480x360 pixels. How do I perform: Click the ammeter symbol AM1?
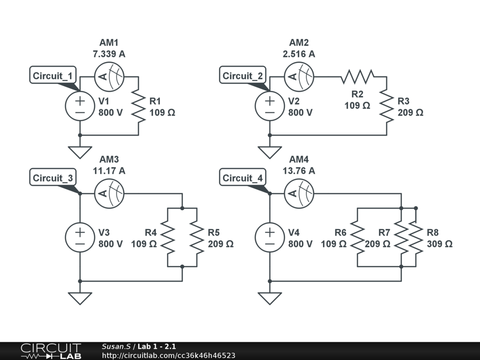109,76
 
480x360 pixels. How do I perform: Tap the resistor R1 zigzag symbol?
139,106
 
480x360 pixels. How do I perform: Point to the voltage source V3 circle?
80,238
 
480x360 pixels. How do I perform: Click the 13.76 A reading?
299,171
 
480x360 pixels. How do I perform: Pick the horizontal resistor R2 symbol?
357,76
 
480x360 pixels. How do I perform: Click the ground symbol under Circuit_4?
270,298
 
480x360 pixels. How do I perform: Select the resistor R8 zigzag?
416,238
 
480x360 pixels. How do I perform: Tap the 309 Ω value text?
440,244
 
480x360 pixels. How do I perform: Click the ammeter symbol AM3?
109,194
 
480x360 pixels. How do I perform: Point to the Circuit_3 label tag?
53,178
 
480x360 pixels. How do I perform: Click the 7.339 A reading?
109,54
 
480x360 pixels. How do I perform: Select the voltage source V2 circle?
270,106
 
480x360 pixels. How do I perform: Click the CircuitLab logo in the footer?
51,351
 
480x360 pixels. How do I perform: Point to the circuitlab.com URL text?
168,356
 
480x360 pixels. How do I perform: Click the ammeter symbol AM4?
299,194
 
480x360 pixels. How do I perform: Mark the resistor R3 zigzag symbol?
387,106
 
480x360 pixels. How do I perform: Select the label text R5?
214,232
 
